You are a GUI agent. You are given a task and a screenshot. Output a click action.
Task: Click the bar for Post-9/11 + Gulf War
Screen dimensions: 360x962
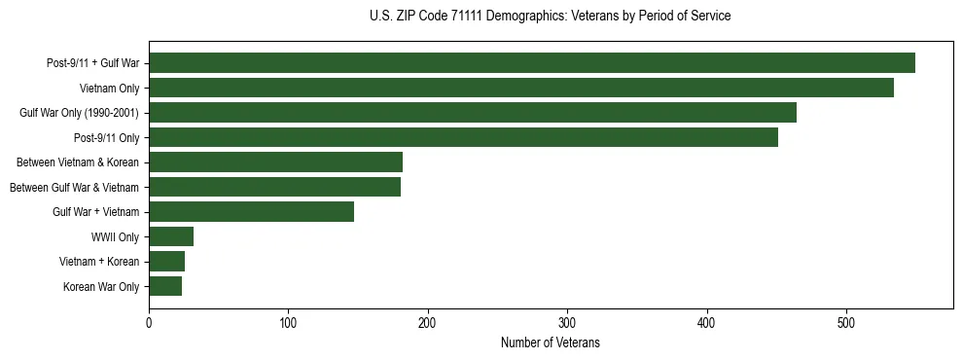click(x=532, y=63)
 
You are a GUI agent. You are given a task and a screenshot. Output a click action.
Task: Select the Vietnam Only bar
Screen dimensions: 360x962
click(x=521, y=88)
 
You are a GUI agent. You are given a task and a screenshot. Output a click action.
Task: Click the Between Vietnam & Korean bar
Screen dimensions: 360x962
click(x=275, y=162)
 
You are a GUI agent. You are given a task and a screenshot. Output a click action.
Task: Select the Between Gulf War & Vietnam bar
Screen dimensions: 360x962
click(x=274, y=187)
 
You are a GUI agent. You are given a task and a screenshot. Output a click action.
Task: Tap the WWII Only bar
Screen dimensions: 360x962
click(x=171, y=236)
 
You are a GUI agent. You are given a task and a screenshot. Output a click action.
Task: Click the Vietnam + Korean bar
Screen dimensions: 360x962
click(x=166, y=262)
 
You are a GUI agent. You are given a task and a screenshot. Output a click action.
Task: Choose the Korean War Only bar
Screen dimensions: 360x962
click(x=165, y=286)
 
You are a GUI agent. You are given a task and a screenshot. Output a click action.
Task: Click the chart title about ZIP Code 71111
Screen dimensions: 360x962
click(x=551, y=17)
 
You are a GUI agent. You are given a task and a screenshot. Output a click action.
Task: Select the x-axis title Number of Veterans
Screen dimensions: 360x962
click(x=551, y=343)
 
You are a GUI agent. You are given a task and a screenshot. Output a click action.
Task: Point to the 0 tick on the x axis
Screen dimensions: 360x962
click(x=149, y=324)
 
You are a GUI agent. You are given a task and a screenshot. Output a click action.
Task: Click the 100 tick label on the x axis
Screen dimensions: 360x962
click(x=288, y=324)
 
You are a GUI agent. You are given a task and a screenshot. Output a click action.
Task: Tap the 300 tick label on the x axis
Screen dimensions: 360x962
click(x=567, y=324)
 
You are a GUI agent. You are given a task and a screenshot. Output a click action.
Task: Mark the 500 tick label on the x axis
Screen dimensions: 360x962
click(x=846, y=324)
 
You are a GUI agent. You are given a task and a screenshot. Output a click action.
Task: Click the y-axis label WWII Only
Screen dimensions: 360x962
click(x=115, y=237)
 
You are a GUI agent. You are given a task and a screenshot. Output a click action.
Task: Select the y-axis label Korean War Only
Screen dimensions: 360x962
click(x=101, y=287)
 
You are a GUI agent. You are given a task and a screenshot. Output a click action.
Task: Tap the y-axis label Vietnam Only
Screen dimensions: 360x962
click(x=109, y=89)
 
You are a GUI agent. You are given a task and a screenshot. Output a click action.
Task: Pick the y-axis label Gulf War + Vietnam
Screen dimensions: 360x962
click(x=95, y=212)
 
